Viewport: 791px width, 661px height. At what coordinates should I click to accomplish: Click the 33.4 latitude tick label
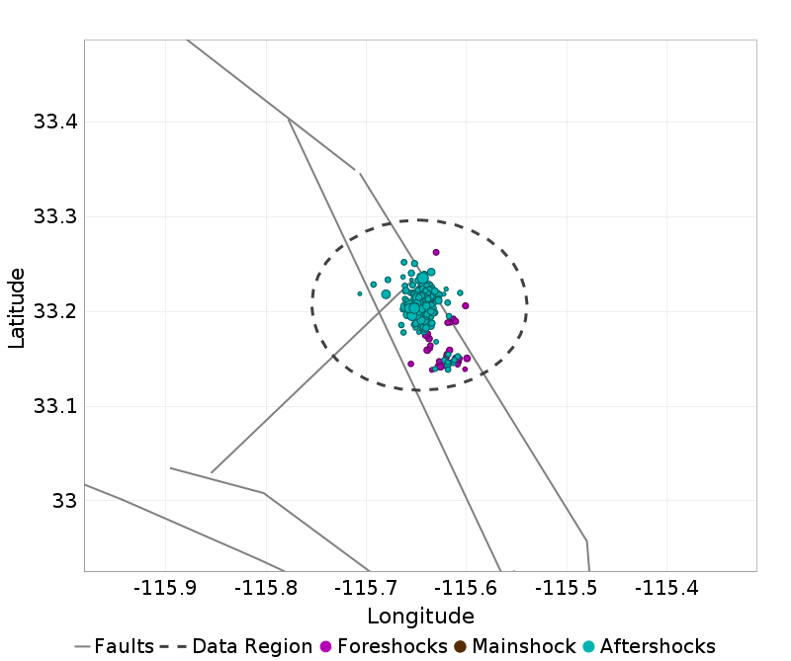(54, 123)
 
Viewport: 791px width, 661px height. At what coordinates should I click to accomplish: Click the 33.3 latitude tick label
(54, 217)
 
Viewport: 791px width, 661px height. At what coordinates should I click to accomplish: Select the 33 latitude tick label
(64, 501)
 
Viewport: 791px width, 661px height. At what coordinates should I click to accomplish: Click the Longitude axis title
(420, 617)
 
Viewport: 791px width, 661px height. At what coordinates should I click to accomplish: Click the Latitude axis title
(17, 306)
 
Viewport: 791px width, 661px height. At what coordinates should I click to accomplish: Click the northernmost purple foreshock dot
(436, 252)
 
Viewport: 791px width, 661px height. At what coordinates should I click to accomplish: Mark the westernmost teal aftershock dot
(360, 293)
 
